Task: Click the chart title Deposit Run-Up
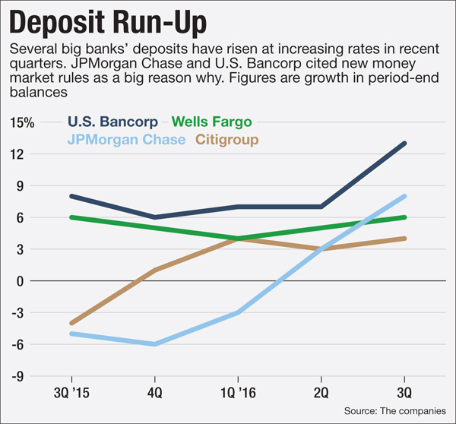coord(122,24)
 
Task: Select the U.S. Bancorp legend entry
coord(113,122)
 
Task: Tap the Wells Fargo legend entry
coord(211,122)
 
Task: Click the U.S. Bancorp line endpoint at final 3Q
coord(405,143)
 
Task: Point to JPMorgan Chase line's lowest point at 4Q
coord(155,344)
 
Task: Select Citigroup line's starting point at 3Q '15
coord(71,323)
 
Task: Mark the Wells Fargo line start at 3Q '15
coord(71,217)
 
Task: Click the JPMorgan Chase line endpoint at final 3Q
coord(405,196)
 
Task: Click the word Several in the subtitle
coord(33,50)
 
